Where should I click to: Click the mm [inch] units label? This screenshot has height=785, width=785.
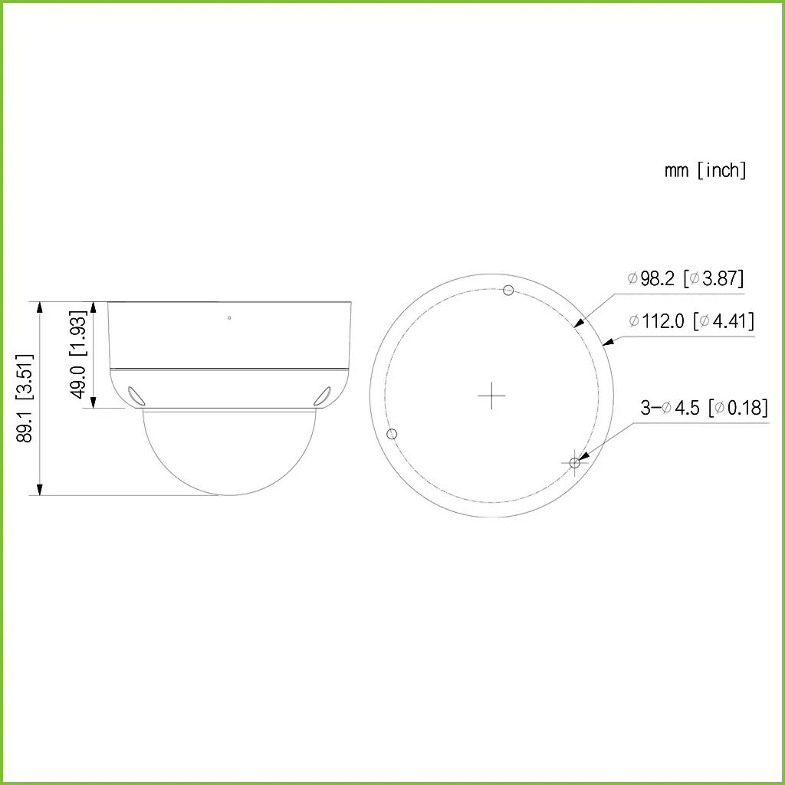(x=705, y=170)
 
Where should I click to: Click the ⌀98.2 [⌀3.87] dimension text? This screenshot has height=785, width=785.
(x=685, y=278)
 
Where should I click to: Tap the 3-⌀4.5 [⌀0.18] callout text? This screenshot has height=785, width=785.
(x=704, y=407)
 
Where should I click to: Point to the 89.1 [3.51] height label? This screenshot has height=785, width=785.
(x=25, y=398)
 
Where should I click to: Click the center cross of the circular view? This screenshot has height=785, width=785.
(x=491, y=396)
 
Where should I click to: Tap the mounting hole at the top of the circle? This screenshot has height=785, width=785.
(x=507, y=290)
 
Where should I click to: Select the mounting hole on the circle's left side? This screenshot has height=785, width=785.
(x=392, y=434)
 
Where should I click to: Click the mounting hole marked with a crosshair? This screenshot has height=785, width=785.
(x=575, y=462)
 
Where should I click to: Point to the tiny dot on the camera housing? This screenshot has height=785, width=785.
(x=229, y=317)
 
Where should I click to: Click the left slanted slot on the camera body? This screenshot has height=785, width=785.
(x=136, y=394)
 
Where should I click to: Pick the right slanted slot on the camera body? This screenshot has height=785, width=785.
(x=322, y=395)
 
